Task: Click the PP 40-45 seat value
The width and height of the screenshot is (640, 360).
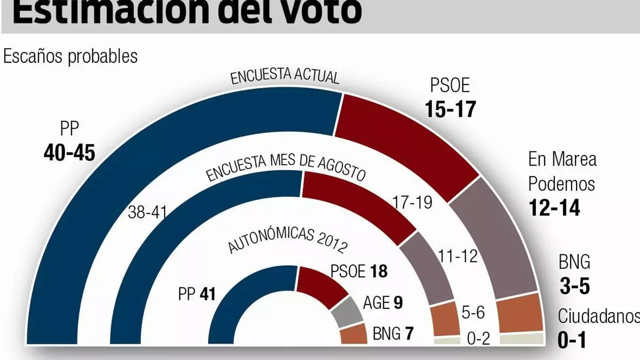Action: pyautogui.click(x=69, y=153)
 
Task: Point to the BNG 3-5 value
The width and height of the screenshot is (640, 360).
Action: pyautogui.click(x=574, y=287)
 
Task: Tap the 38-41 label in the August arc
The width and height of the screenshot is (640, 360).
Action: pyautogui.click(x=148, y=212)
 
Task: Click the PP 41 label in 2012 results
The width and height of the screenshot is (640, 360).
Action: pyautogui.click(x=197, y=293)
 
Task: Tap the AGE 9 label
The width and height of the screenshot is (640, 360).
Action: pyautogui.click(x=382, y=303)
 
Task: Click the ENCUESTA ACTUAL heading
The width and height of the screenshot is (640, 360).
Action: pyautogui.click(x=285, y=76)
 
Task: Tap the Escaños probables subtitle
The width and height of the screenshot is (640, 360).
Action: pyautogui.click(x=70, y=56)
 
